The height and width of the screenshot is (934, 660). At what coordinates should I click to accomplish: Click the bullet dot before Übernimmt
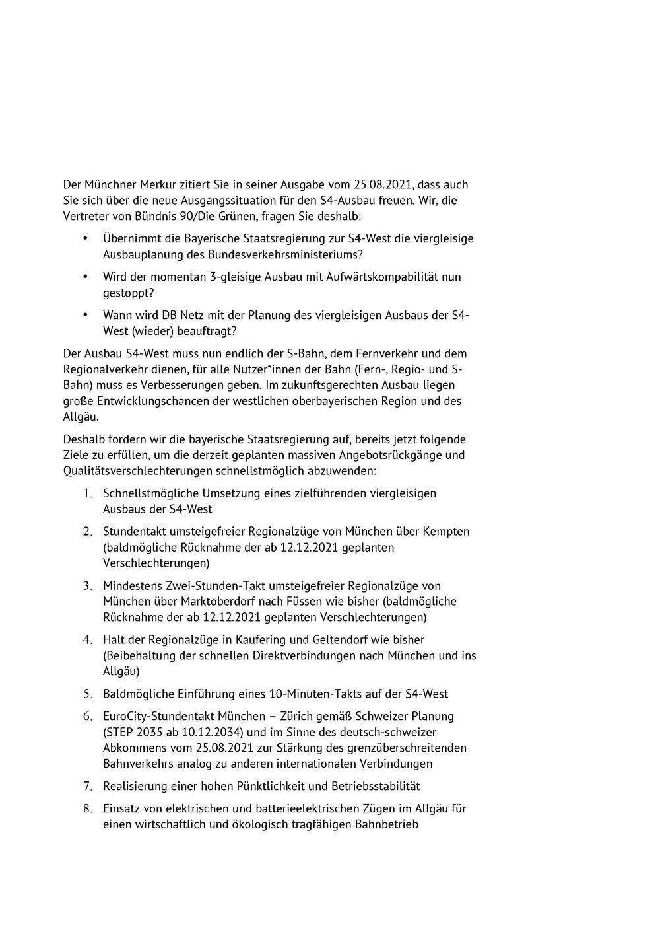point(85,238)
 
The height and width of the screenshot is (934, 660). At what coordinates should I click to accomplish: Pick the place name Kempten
point(447,531)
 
